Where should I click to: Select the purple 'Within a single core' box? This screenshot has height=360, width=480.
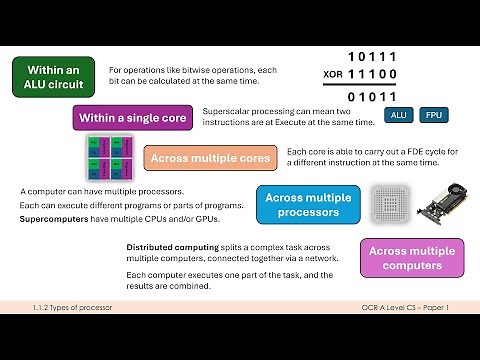pos(132,118)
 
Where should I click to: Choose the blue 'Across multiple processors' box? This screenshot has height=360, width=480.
pos(308,204)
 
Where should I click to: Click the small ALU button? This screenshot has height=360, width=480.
pos(398,115)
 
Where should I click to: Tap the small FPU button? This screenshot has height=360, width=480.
pos(434,115)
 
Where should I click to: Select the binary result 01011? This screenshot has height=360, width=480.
pos(373,97)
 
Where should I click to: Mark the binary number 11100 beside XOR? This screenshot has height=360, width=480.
pos(373,74)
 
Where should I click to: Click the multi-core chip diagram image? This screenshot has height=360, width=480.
pos(103,157)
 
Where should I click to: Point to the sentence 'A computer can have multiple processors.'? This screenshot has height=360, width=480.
pos(102,190)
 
